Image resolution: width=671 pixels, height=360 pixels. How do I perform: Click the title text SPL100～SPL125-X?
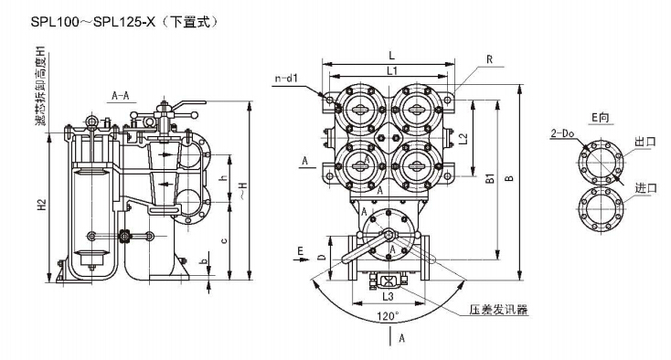pos(93,22)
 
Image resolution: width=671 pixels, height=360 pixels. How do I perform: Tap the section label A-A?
pos(121,95)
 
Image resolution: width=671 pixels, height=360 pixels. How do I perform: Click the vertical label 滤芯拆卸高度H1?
pos(40,86)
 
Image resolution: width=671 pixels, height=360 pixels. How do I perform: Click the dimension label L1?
pos(392,70)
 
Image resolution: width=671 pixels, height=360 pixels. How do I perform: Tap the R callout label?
pos(490,59)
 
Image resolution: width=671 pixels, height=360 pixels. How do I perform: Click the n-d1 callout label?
pos(285,79)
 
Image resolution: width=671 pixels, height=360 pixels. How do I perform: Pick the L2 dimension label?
pos(463,139)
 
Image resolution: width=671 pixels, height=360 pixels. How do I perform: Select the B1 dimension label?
pos(490,178)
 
